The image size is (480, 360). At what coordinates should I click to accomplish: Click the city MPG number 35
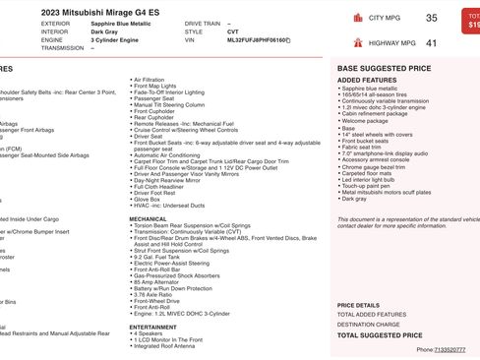coord(432,18)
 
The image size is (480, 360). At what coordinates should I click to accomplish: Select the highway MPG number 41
coord(432,43)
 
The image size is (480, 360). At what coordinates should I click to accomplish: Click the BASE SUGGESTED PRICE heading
coord(384,69)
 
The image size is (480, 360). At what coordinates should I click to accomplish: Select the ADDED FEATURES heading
coord(366,81)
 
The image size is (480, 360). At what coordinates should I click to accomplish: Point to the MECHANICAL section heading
coord(148,218)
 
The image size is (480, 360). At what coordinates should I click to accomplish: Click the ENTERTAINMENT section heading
coord(152,327)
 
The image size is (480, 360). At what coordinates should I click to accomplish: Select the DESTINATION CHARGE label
coord(368,324)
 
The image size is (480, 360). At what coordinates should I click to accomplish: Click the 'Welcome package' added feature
coord(367,120)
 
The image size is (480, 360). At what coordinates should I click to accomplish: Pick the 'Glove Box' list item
coord(151,199)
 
